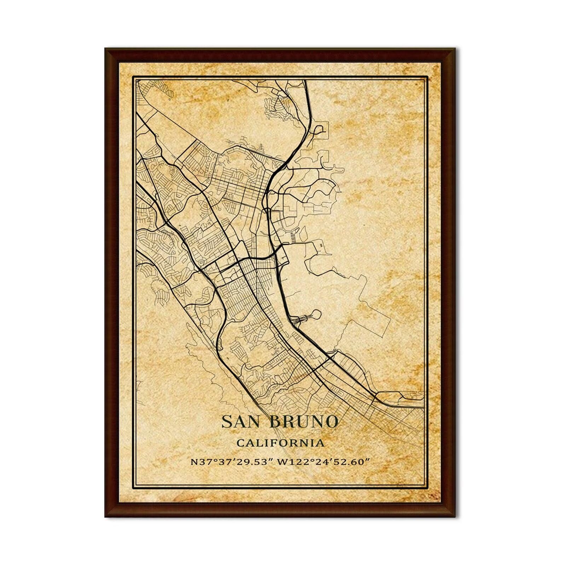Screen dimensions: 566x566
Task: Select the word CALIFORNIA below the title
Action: (280, 443)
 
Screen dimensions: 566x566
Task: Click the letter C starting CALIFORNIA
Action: (239, 443)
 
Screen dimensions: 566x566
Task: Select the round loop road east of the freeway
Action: (316, 313)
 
